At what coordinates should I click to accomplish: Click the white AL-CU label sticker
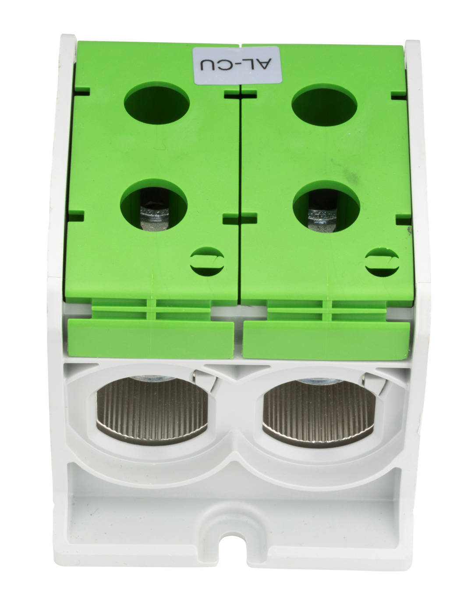pos(237,65)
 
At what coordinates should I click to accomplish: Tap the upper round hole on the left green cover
pos(156,103)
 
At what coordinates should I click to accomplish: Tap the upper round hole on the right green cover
pos(324,105)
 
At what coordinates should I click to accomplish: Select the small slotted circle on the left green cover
pos(207,261)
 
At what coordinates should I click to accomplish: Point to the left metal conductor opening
pos(152,411)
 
